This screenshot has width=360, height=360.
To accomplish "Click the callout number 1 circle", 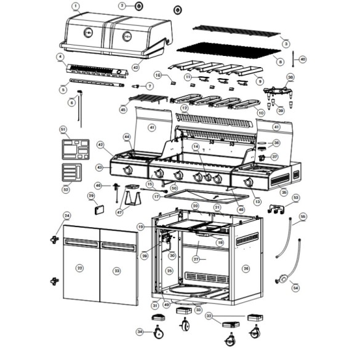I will [x=76, y=7].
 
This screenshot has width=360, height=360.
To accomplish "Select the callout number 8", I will [x=281, y=62].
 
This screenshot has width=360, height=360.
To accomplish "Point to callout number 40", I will [x=302, y=59].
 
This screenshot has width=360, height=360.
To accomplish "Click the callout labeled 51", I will [x=63, y=129].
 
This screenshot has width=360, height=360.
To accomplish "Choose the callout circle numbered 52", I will [x=65, y=190].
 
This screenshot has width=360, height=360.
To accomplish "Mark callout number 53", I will [x=295, y=198].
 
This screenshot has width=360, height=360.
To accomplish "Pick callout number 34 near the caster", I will [x=140, y=332].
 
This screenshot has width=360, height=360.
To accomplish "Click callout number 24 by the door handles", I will [x=67, y=215].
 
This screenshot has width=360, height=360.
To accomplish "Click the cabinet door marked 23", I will [x=117, y=270].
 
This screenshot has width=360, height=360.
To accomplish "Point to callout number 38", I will [x=290, y=78].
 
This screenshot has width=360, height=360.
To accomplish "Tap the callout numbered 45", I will [x=123, y=109].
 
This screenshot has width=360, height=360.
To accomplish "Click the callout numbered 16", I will [x=158, y=75].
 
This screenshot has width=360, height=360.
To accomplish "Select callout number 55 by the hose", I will [x=302, y=217].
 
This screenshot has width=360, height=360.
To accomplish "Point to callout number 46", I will [x=98, y=185].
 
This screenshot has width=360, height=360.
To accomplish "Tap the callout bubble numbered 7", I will [x=150, y=86].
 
